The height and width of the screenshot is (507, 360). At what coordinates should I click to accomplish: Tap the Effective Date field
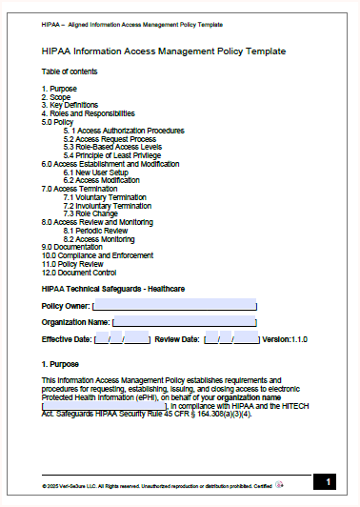click(123, 338)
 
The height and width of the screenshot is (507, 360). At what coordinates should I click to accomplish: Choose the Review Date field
click(231, 338)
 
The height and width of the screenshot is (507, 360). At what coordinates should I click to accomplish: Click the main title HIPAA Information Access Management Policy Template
click(164, 51)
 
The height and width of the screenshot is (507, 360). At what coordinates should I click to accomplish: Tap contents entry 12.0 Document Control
click(79, 272)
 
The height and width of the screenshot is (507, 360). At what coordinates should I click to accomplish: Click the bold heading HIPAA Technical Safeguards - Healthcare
click(113, 288)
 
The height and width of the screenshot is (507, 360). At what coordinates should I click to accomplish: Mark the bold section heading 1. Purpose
click(60, 364)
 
